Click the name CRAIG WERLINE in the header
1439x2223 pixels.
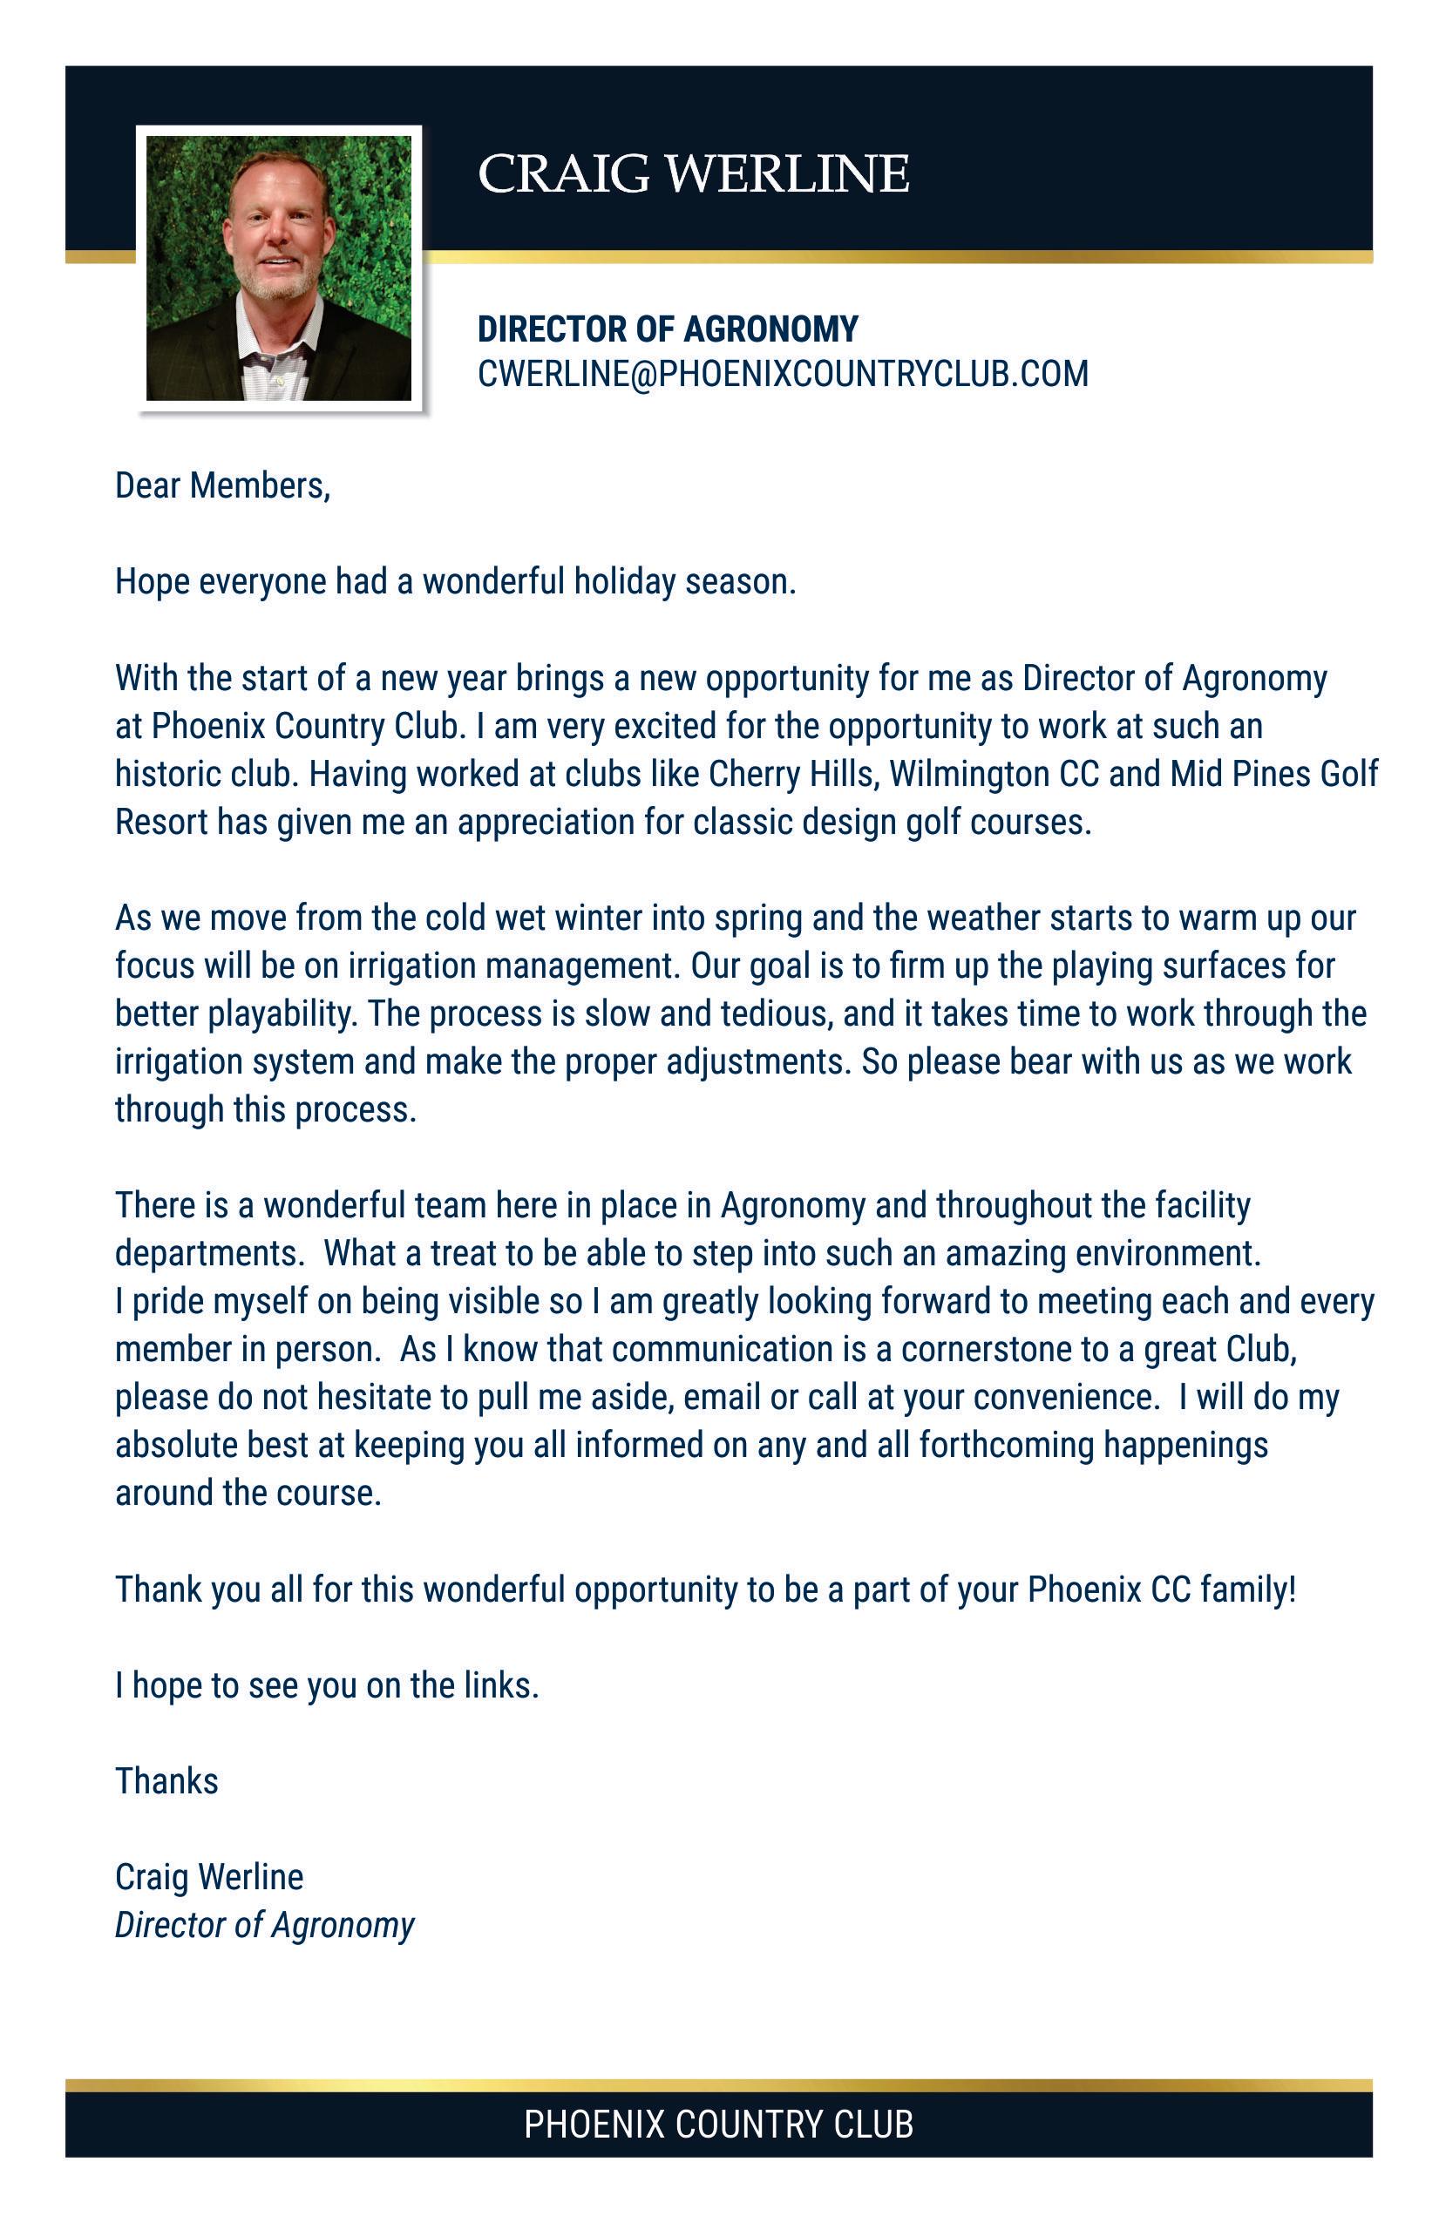click(x=692, y=174)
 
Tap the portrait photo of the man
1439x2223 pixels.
click(x=278, y=268)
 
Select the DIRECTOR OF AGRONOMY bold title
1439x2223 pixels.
click(x=667, y=329)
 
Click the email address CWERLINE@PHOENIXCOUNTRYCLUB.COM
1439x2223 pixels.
click(x=783, y=374)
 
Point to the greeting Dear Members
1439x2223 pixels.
click(x=222, y=485)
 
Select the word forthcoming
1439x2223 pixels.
click(x=1007, y=1445)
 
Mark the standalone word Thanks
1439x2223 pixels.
click(x=166, y=1781)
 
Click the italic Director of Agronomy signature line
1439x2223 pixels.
click(x=264, y=1925)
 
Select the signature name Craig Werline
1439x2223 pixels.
click(x=209, y=1877)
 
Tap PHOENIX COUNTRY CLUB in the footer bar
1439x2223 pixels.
click(x=718, y=2124)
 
